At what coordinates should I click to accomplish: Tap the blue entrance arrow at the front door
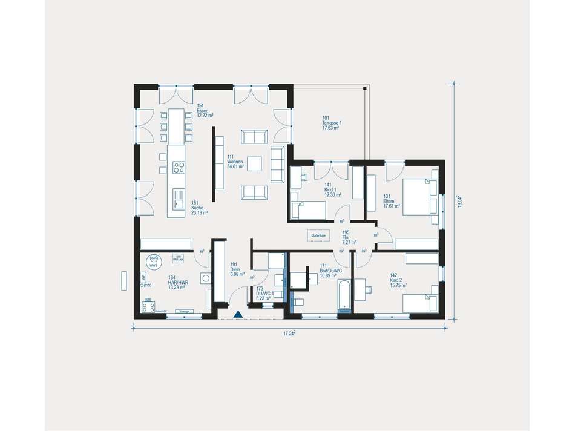coord(238,314)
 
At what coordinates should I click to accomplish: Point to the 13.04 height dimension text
coord(461,201)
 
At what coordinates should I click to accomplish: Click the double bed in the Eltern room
coord(418,196)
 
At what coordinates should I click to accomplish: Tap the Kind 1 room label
coord(332,190)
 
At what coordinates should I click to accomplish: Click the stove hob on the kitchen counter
coord(178,166)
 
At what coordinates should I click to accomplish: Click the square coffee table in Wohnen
coord(255,164)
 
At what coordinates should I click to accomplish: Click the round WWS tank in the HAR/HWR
coord(154,262)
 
